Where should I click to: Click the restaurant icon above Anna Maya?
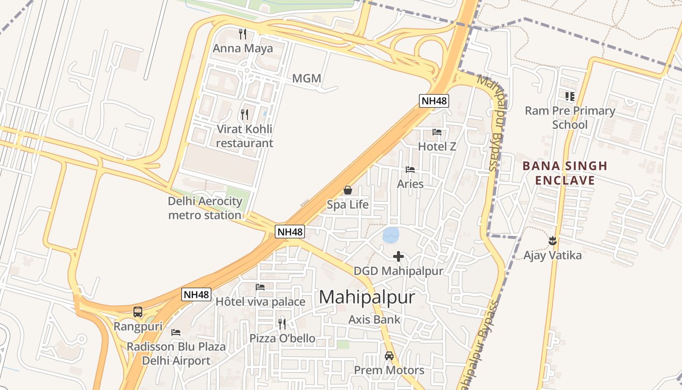(243, 34)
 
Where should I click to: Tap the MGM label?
(306, 78)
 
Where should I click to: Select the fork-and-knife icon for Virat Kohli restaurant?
(245, 115)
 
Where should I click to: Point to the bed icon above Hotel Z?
(437, 132)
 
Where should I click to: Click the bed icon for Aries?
(410, 170)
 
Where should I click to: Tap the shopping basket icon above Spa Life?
(348, 190)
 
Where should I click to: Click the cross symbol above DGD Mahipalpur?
(398, 256)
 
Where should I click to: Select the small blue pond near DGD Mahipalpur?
(391, 235)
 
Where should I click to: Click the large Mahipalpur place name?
(367, 297)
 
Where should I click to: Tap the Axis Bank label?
(374, 320)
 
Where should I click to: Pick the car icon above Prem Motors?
(389, 356)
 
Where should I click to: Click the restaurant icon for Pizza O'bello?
(282, 324)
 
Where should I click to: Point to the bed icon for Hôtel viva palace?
(260, 287)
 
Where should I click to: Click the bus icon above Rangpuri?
(138, 312)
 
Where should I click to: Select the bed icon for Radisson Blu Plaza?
(176, 332)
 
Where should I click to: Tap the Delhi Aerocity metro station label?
(205, 208)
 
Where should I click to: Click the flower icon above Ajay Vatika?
(552, 240)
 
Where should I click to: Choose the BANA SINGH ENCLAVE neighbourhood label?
(565, 173)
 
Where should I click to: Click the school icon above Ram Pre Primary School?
(569, 97)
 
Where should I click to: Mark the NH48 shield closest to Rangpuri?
(197, 294)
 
